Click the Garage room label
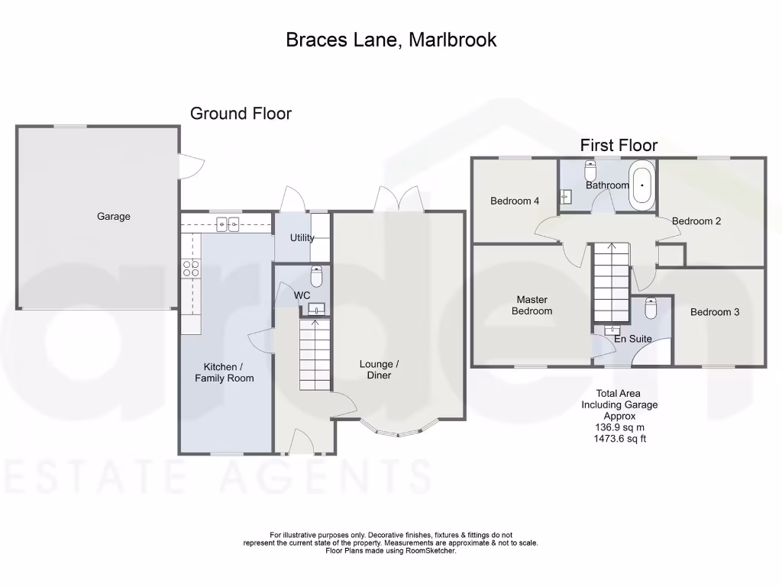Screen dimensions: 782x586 pyautogui.click(x=114, y=216)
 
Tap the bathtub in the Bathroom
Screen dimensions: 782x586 pyautogui.click(x=641, y=185)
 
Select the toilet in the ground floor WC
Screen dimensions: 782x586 pyautogui.click(x=317, y=275)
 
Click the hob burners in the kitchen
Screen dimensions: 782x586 pyautogui.click(x=190, y=269)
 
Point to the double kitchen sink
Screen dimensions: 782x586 pyautogui.click(x=228, y=225)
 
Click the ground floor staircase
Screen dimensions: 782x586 pyautogui.click(x=315, y=354)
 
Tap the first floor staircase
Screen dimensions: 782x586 pyautogui.click(x=611, y=282)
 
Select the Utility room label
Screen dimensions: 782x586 pyautogui.click(x=302, y=238)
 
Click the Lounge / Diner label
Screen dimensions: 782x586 pyautogui.click(x=379, y=370)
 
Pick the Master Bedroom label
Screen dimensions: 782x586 pyautogui.click(x=532, y=305)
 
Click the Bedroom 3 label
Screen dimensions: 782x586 pyautogui.click(x=715, y=312)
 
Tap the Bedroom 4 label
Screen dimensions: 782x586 pyautogui.click(x=515, y=201)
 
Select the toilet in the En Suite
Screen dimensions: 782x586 pyautogui.click(x=651, y=308)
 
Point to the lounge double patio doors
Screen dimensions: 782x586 pyautogui.click(x=399, y=199)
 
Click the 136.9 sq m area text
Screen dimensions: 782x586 pyautogui.click(x=619, y=427)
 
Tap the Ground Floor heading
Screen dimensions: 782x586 pyautogui.click(x=241, y=114)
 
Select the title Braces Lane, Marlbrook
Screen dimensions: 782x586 pyautogui.click(x=391, y=40)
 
